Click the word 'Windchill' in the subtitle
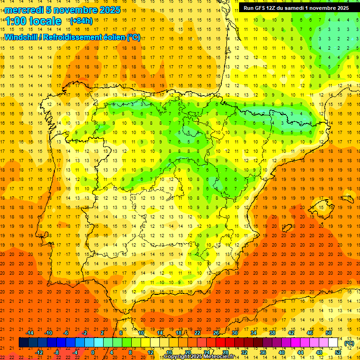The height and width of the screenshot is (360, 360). tap(21, 37)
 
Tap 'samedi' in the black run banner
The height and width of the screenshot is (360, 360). tap(302, 8)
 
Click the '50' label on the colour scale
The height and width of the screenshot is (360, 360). tap(329, 333)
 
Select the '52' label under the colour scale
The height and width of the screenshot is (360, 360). tap(338, 352)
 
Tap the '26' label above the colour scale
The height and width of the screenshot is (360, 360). tap(216, 333)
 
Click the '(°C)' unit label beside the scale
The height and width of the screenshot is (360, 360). tap(349, 343)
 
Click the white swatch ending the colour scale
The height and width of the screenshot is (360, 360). tap(333, 343)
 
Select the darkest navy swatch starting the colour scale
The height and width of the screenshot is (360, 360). tap(23, 343)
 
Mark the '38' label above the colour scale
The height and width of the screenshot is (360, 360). tap(272, 333)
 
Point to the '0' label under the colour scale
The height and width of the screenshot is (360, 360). tap(93, 352)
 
